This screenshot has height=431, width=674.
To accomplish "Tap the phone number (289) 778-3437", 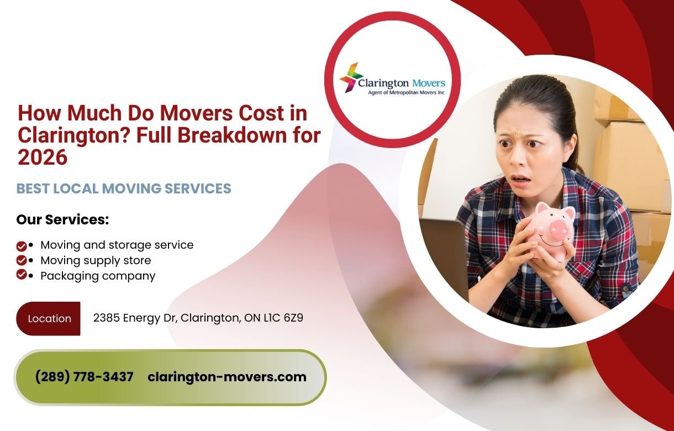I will tap(84, 377).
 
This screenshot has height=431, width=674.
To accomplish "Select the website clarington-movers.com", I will tap(227, 377).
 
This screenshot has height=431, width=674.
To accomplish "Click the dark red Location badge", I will tap(49, 319).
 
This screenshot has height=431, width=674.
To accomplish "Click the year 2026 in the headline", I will tap(43, 157).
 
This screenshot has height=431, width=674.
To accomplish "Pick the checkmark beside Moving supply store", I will tap(22, 260).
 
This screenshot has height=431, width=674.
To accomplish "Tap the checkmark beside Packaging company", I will tap(22, 275).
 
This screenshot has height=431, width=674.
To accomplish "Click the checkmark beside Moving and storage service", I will tap(22, 245).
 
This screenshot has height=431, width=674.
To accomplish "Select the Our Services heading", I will tap(62, 219).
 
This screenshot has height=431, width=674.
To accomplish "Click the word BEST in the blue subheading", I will tap(33, 188).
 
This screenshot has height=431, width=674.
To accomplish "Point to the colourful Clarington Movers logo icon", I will tap(350, 77).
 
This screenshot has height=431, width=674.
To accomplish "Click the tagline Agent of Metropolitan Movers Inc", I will tap(406, 93).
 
